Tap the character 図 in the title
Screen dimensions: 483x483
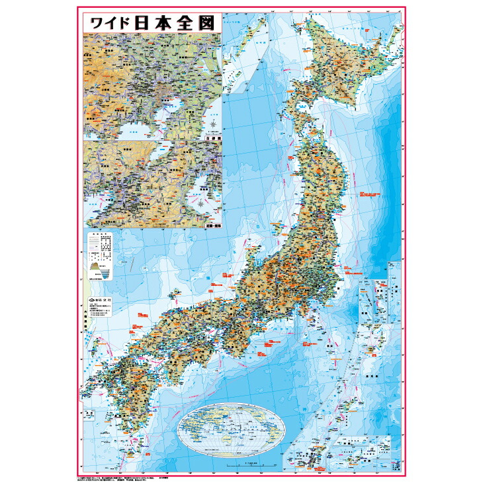pyautogui.click(x=206, y=24)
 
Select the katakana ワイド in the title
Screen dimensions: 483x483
pyautogui.click(x=108, y=24)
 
